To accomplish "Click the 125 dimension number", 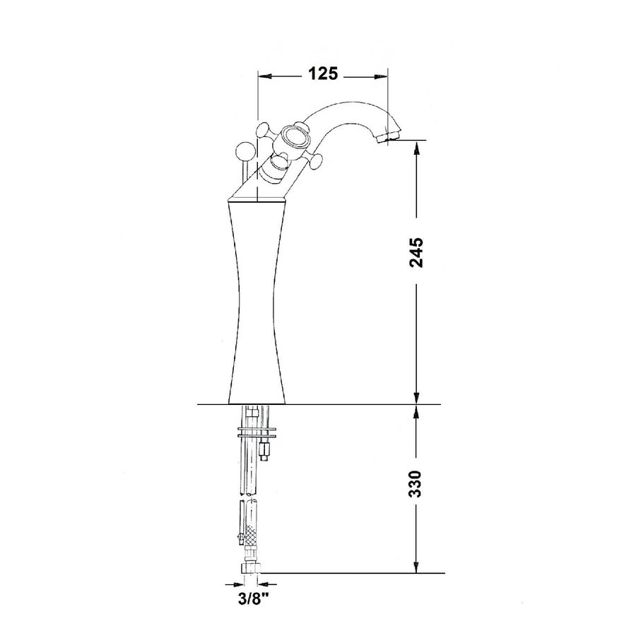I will [x=323, y=73].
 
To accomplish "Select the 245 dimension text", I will [x=416, y=251].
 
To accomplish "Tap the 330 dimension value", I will [x=416, y=483].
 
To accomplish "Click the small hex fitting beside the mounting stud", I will [x=266, y=448].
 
